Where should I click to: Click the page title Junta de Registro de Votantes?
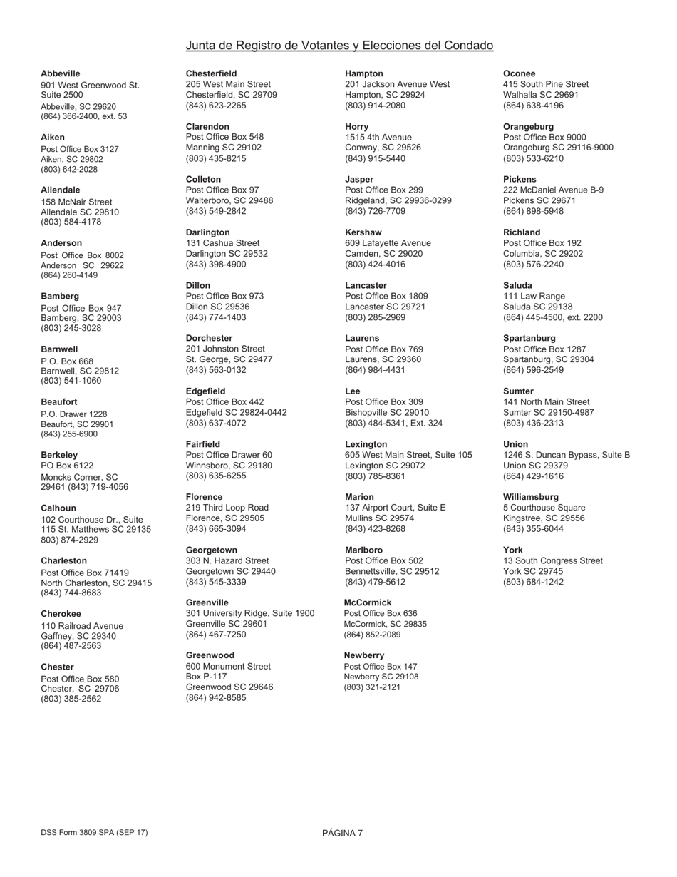tap(339, 46)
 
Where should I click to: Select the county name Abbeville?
tap(61, 73)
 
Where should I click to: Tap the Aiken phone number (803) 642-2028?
tap(69, 170)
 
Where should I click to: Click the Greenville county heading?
tap(207, 602)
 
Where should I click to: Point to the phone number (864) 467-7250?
tap(216, 635)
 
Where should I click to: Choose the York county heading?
tap(513, 550)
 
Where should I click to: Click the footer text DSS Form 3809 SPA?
tap(94, 832)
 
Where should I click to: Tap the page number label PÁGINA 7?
tap(343, 833)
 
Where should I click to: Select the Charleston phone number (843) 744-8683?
tap(71, 593)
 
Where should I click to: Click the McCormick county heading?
tap(368, 602)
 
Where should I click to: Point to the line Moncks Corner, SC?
tap(79, 477)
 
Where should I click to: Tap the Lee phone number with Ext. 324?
tap(393, 424)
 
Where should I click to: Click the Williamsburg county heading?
tap(531, 497)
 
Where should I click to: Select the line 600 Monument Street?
tap(228, 666)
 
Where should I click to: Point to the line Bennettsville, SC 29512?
tap(392, 571)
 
